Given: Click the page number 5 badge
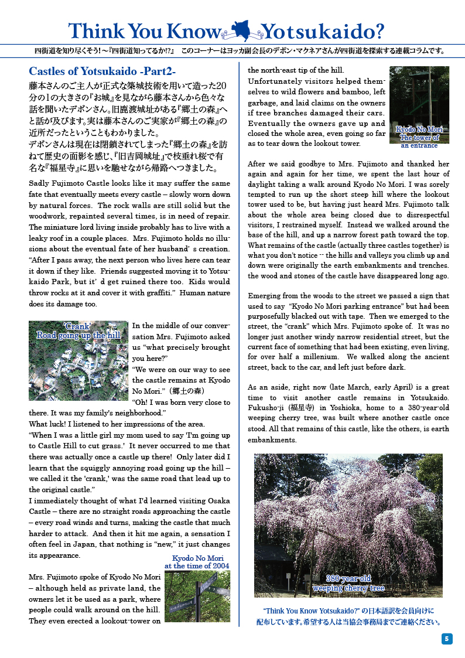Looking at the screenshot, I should tap(447, 639).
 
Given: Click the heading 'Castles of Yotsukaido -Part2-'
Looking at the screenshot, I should tap(102, 71).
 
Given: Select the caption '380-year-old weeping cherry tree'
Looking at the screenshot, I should tap(348, 583).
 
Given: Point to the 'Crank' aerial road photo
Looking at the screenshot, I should tap(78, 360).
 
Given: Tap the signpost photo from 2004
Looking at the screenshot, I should tap(197, 596).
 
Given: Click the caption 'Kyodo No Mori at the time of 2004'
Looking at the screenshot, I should tap(197, 562).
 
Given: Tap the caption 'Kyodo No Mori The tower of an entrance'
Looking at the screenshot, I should tap(419, 137).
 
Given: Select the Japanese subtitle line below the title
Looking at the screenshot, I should tap(234, 51).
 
